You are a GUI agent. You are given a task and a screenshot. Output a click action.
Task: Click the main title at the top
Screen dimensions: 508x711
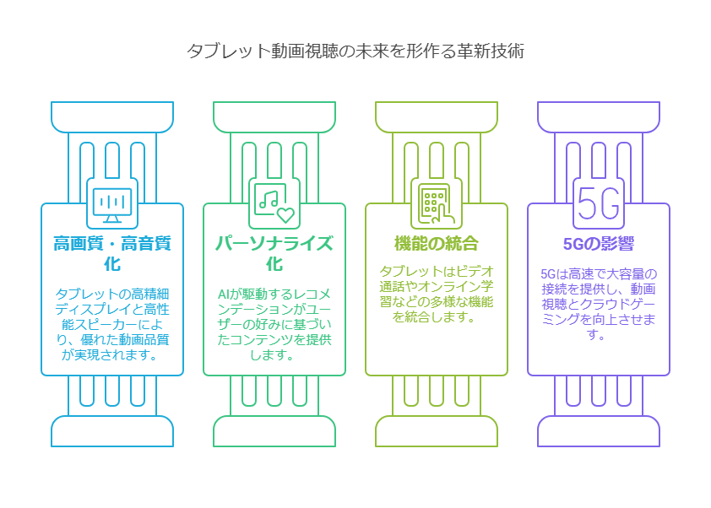(355, 51)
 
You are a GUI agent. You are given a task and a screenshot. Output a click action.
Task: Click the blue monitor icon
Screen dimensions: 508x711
(112, 203)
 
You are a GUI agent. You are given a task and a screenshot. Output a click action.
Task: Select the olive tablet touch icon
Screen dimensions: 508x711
(436, 203)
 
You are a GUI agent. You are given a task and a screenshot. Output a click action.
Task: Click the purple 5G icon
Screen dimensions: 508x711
(598, 203)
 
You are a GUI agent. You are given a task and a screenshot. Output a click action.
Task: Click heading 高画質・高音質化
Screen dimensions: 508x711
(112, 253)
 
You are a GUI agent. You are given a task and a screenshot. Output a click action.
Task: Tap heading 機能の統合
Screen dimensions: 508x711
(436, 244)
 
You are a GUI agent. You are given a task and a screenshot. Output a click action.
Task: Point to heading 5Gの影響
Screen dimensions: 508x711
(598, 244)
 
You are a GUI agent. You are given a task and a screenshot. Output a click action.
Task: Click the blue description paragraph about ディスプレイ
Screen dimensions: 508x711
(112, 324)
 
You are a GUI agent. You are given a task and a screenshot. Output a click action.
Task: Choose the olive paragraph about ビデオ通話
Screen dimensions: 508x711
(436, 295)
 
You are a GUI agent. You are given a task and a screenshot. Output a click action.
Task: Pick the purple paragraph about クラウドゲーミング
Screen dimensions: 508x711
(598, 304)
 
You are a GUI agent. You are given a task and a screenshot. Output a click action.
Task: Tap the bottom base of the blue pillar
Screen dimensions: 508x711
(112, 431)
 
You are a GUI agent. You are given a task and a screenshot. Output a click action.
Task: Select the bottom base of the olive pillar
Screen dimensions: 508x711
(436, 431)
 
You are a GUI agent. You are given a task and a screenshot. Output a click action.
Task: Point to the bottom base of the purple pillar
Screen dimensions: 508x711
(598, 431)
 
